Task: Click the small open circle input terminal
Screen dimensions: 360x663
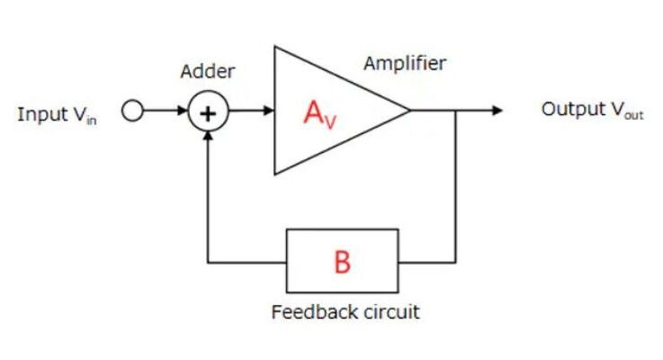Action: [133, 112]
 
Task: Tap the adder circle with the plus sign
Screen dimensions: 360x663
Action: [209, 112]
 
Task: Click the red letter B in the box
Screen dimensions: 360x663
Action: [342, 263]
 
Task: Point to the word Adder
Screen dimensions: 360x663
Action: [208, 72]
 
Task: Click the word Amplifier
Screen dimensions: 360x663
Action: [405, 63]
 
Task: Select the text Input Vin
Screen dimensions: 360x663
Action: [56, 115]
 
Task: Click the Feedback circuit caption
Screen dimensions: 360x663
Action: [345, 312]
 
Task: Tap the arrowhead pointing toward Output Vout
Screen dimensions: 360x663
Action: [496, 111]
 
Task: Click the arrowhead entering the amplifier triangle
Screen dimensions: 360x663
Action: [269, 112]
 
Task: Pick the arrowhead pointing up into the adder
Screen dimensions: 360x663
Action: [209, 137]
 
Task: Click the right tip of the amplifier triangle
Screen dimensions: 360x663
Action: [410, 111]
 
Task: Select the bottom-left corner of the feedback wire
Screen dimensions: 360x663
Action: [209, 262]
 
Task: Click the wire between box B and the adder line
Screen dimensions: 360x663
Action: [247, 262]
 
